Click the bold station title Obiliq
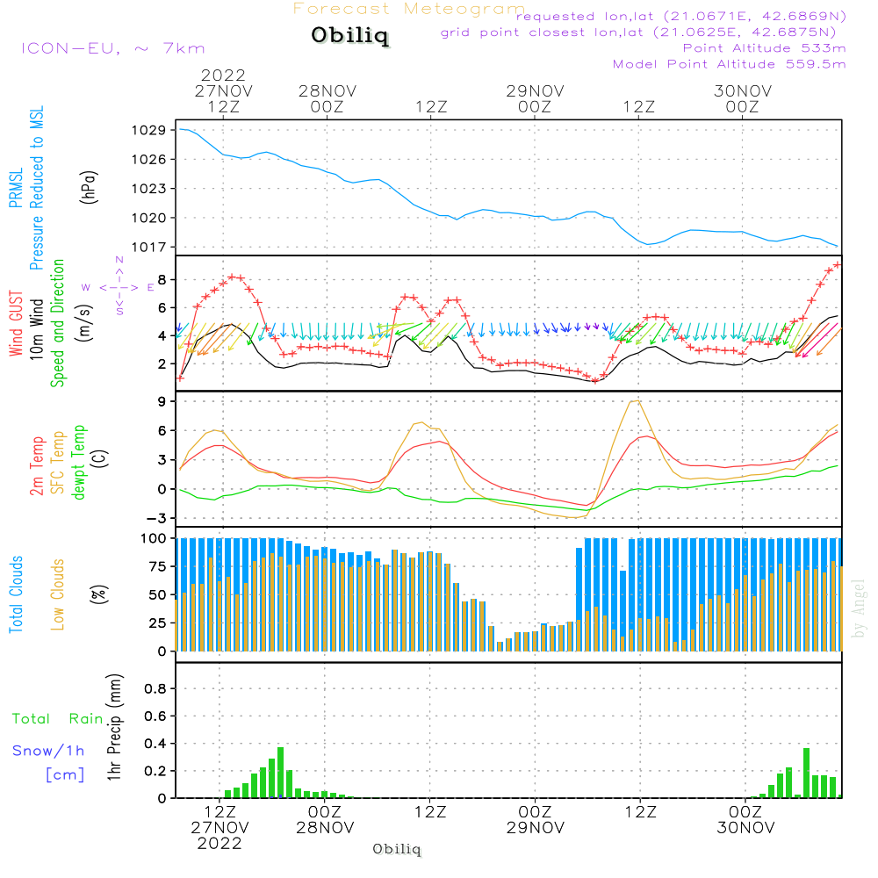point(349,37)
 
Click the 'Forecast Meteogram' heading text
point(409,10)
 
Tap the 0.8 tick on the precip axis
point(155,689)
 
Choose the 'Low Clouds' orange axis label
point(59,594)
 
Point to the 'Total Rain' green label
point(57,719)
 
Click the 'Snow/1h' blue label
point(49,751)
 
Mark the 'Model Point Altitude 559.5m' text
point(729,64)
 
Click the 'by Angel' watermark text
point(859,608)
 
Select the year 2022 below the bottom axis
point(219,844)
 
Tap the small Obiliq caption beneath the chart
point(397,849)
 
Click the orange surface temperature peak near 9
point(636,401)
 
